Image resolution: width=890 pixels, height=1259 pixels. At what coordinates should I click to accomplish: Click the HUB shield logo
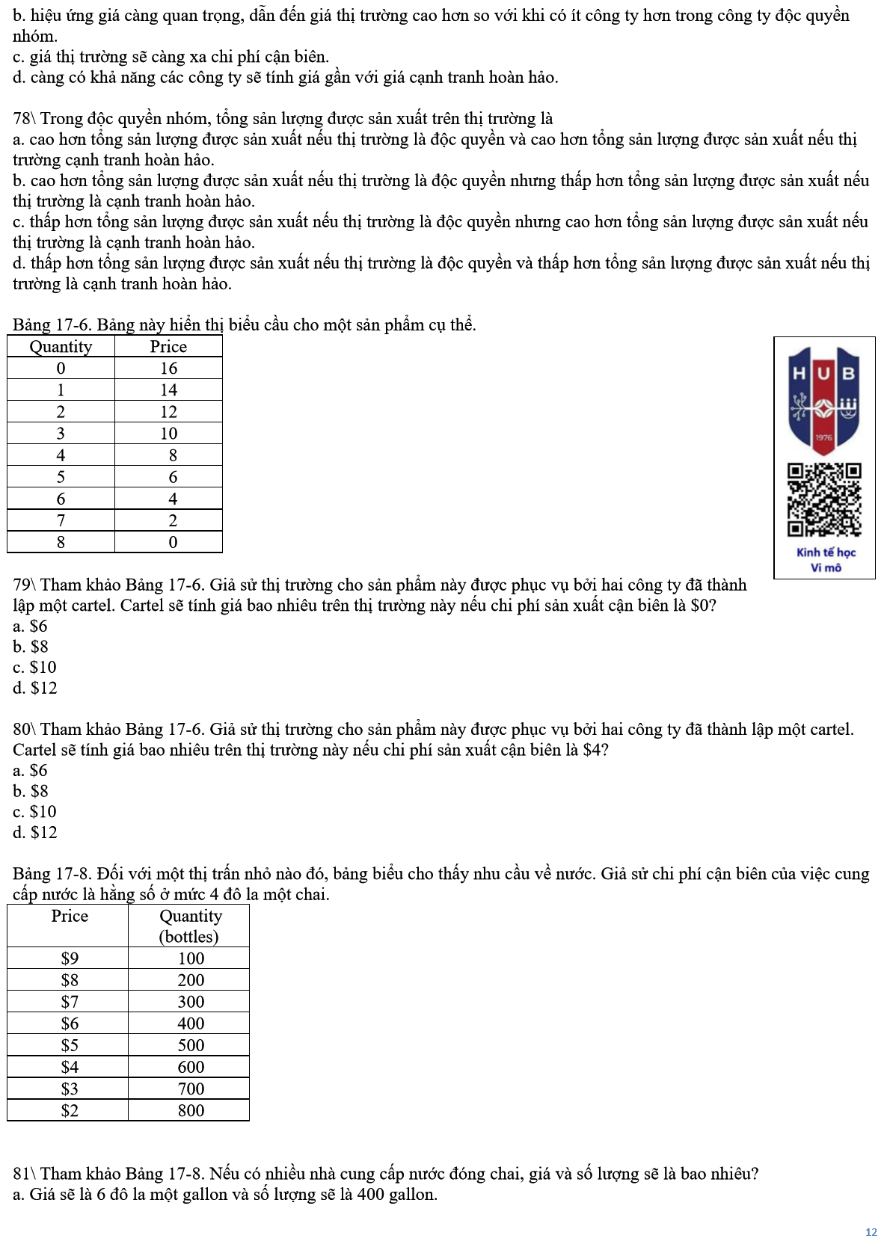[823, 400]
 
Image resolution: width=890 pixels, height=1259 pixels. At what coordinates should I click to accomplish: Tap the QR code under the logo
[823, 499]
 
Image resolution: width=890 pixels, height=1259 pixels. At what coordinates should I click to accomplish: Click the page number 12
[871, 1232]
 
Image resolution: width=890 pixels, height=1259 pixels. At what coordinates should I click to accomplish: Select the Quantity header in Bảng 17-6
[61, 346]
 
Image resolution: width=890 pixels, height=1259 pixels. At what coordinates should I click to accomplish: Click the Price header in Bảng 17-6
[168, 346]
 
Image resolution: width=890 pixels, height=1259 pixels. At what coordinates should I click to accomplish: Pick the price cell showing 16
[168, 368]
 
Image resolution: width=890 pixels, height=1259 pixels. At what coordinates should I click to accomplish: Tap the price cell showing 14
[168, 390]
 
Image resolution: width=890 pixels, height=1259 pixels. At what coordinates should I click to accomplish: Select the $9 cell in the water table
[69, 958]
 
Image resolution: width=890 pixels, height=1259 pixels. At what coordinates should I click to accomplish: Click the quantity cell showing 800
[191, 1110]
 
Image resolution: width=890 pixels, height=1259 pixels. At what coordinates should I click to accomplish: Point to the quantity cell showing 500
[191, 1045]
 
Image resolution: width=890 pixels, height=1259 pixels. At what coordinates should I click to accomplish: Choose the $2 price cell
[69, 1110]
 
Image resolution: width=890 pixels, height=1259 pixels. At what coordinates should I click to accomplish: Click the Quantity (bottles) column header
[190, 926]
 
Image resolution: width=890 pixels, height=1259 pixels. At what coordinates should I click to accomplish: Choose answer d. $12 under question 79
[35, 688]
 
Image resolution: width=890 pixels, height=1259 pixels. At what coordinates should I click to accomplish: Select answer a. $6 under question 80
[30, 770]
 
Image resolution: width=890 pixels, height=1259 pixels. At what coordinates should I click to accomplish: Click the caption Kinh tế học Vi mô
[825, 560]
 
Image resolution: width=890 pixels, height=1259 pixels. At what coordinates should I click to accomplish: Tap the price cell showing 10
[168, 434]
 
